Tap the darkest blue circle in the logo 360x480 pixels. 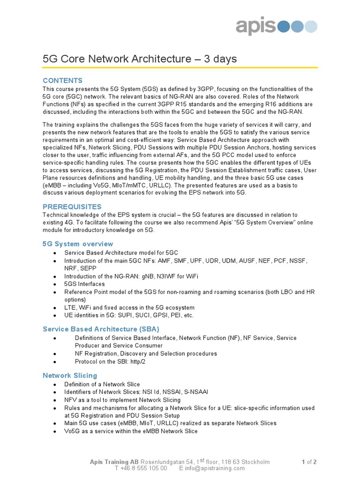coord(284,27)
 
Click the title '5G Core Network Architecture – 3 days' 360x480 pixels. coord(140,59)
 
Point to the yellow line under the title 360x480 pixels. coord(180,68)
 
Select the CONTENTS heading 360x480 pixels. coord(62,80)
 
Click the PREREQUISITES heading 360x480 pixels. coord(72,207)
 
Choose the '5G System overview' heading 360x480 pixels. coord(78,244)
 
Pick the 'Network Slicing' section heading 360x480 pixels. coord(70,375)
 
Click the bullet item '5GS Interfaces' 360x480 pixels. coord(85,284)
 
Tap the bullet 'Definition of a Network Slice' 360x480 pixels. coord(102,384)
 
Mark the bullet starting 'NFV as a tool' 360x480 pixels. coord(122,400)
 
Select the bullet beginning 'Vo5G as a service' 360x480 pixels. coord(131,431)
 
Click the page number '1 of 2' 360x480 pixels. coord(309,462)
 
